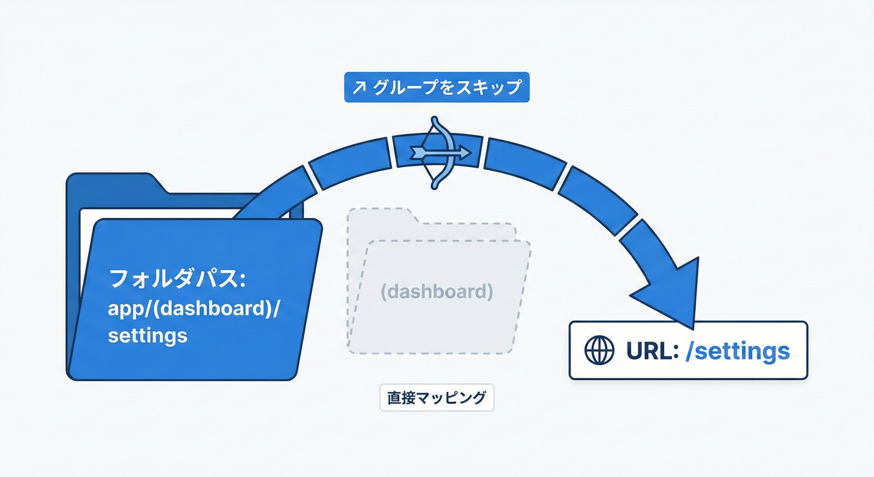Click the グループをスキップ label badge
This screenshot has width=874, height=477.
(x=436, y=88)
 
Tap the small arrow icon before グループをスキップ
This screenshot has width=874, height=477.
(x=359, y=88)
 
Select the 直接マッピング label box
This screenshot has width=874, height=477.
(x=436, y=397)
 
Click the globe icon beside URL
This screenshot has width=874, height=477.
(x=599, y=351)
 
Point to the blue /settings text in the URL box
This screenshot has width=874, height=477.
(x=737, y=351)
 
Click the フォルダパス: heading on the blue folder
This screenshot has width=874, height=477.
(x=178, y=278)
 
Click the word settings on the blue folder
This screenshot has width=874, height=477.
(x=147, y=335)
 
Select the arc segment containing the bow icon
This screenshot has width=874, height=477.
(x=438, y=151)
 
